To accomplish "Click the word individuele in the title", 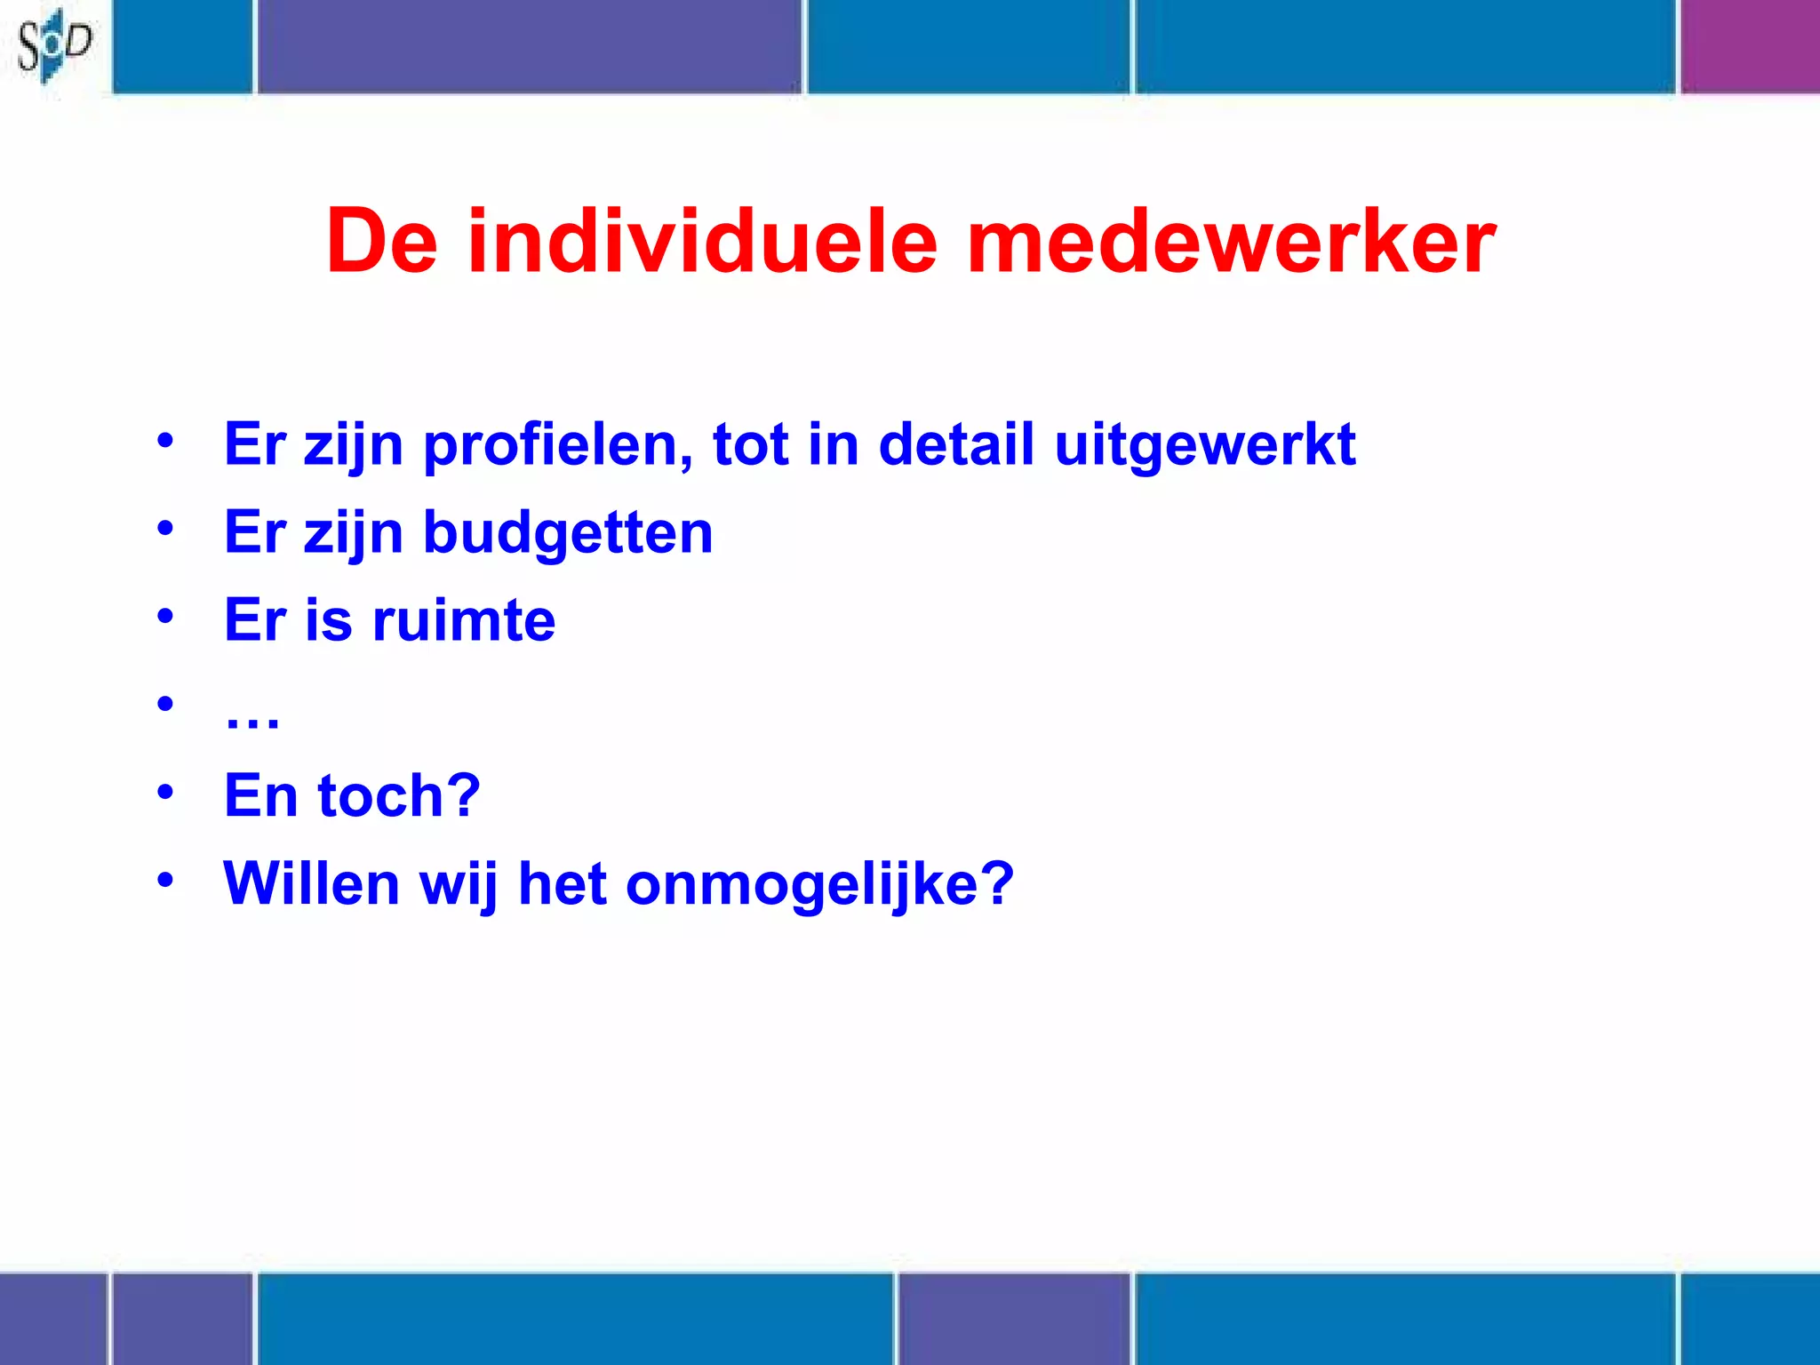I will pos(702,242).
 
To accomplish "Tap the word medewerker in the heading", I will pos(1231,242).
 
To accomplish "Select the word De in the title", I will pos(382,242).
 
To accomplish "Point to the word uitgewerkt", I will pos(1205,445).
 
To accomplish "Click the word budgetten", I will pos(568,532).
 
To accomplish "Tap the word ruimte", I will pos(464,619).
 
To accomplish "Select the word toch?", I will pos(399,795).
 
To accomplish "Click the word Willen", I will pos(312,883).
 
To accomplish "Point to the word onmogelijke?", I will pos(819,885).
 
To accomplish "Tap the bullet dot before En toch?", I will pos(165,791).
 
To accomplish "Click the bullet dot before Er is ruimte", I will pos(165,615).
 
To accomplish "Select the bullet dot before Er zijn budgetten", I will pos(165,528).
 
